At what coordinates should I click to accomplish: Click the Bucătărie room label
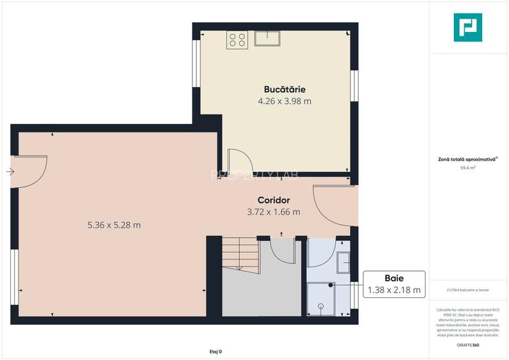click(x=285, y=89)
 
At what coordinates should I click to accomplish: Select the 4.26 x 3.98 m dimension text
click(x=285, y=101)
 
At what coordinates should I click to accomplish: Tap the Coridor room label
click(x=274, y=200)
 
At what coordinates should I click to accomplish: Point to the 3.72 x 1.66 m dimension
click(x=274, y=212)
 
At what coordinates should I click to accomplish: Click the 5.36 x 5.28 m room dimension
click(x=114, y=224)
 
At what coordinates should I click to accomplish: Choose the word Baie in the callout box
click(x=394, y=278)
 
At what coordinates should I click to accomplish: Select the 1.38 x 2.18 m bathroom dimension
click(x=394, y=290)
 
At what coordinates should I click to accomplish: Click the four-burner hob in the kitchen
click(x=237, y=40)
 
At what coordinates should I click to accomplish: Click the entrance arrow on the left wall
click(x=10, y=171)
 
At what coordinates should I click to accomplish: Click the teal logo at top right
click(x=467, y=27)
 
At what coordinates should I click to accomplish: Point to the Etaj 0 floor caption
click(x=215, y=352)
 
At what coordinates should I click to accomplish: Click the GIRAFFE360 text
click(x=468, y=345)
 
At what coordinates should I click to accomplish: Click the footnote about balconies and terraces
click(x=468, y=290)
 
